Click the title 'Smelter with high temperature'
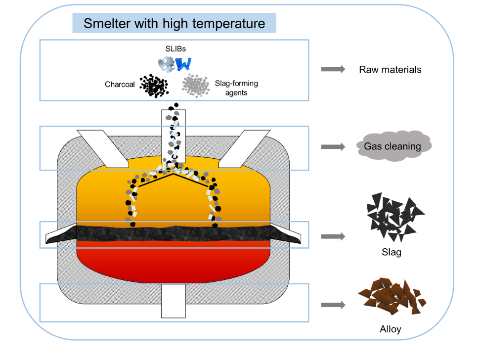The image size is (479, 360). point(174,23)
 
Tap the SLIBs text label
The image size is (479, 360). point(175,48)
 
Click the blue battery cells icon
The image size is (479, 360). point(183,64)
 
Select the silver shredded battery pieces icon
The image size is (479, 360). point(166,64)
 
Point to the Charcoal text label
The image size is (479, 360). point(120,85)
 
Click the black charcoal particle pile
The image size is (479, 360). point(154,86)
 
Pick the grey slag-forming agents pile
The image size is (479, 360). point(196,86)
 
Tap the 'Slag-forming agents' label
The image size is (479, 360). point(236,88)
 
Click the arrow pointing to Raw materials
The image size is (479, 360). point(333,69)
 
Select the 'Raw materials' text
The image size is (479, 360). point(390,69)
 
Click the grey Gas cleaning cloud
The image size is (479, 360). point(394,146)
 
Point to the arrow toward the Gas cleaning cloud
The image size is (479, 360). point(333,147)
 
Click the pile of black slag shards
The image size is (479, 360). point(394,217)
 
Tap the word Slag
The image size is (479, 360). point(392,252)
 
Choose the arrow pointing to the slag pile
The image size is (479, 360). point(333,236)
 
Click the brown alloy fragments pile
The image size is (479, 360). point(392,296)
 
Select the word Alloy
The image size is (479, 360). point(391,329)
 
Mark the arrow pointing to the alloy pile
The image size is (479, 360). point(333,305)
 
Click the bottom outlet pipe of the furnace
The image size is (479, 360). point(173,301)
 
